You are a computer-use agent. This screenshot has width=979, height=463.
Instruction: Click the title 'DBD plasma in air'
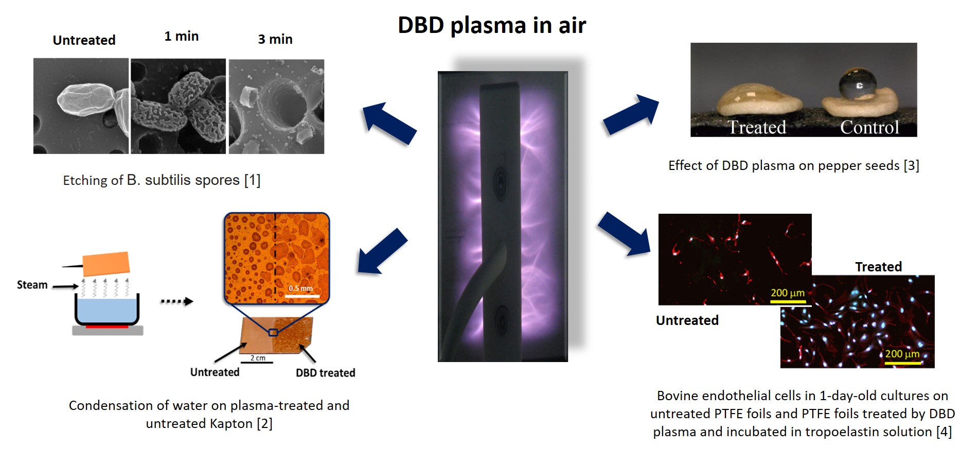492,25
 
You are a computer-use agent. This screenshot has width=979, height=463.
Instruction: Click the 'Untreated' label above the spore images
84,40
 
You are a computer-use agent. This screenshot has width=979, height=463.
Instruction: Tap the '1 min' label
181,37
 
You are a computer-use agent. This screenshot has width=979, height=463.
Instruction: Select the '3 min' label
275,40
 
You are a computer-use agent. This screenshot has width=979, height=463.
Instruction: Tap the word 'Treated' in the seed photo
756,127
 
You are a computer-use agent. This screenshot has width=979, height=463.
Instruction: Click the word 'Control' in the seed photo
869,127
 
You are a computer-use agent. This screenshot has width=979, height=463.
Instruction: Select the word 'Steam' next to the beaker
32,285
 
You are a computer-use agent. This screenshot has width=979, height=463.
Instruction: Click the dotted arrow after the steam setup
176,301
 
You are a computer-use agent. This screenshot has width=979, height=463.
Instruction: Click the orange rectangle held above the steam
106,264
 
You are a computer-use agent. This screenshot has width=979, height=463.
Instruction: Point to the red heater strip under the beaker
107,327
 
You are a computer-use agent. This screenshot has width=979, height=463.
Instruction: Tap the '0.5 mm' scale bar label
300,288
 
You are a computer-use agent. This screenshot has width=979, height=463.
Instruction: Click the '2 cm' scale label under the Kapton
258,358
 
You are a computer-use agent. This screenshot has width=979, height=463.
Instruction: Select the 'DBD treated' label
325,373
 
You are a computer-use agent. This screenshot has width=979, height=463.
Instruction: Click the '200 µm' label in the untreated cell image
787,293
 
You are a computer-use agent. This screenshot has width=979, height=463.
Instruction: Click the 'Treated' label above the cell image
878,267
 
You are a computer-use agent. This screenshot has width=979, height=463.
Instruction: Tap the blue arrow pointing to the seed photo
631,114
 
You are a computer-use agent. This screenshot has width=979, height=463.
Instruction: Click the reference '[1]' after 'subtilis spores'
252,180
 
